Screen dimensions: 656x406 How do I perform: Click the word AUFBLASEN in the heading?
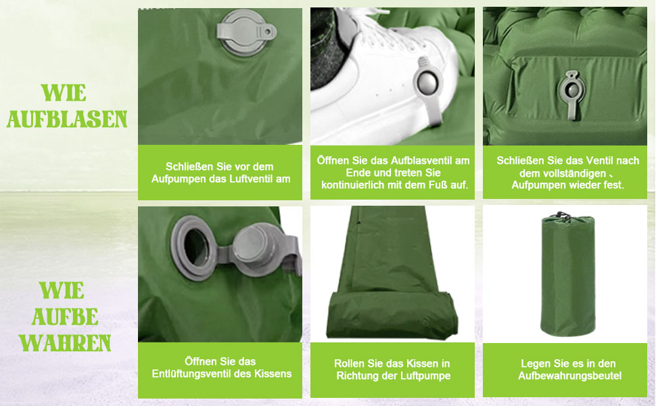click(x=66, y=119)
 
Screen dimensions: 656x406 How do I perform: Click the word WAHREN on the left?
click(x=66, y=343)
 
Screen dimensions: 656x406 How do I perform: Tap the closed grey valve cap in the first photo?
click(x=245, y=32)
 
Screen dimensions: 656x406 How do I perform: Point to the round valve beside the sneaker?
click(x=427, y=83)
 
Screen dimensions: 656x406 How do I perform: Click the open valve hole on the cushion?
click(x=195, y=247)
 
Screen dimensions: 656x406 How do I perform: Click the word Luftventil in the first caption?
click(x=254, y=179)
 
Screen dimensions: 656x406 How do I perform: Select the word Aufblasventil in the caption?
click(x=422, y=161)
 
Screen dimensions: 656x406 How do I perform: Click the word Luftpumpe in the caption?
click(x=426, y=376)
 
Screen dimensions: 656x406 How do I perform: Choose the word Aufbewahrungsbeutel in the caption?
click(x=570, y=376)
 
